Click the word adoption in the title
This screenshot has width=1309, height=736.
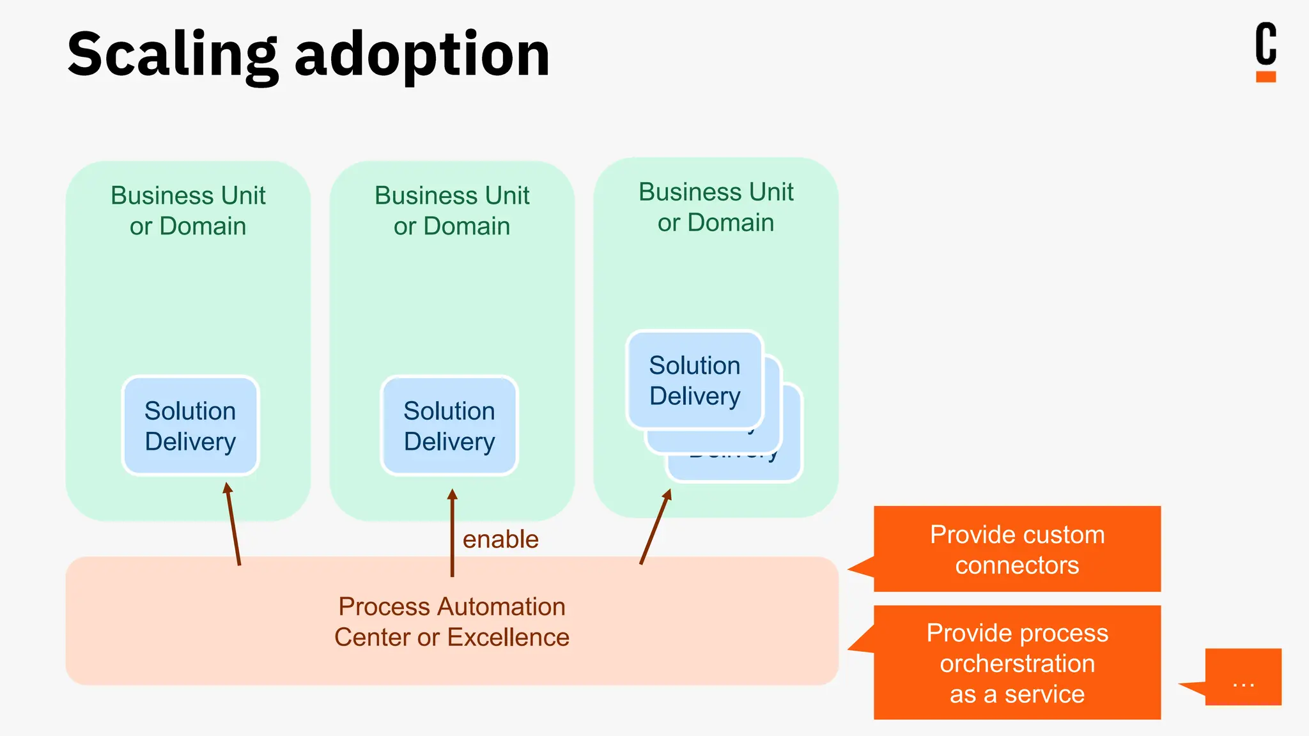pyautogui.click(x=422, y=56)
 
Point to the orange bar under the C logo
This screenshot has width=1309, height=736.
pyautogui.click(x=1266, y=77)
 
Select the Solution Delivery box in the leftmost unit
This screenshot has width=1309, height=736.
pyautogui.click(x=190, y=425)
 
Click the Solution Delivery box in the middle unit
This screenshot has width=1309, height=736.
pyautogui.click(x=449, y=425)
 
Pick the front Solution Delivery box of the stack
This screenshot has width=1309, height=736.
pyautogui.click(x=695, y=380)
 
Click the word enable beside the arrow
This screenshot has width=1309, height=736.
pyautogui.click(x=500, y=539)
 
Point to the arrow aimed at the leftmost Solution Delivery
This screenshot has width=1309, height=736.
pyautogui.click(x=233, y=524)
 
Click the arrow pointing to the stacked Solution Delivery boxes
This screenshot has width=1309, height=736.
pyautogui.click(x=654, y=527)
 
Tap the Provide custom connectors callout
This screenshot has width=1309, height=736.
pyautogui.click(x=1017, y=549)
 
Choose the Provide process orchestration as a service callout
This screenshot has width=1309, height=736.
pyautogui.click(x=1017, y=663)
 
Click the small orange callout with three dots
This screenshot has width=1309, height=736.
pyautogui.click(x=1243, y=677)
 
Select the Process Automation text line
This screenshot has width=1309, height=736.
pyautogui.click(x=452, y=606)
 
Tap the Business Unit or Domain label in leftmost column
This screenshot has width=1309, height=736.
pyautogui.click(x=188, y=210)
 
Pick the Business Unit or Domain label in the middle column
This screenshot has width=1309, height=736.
pyautogui.click(x=452, y=210)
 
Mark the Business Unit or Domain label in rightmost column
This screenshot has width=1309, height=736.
pyautogui.click(x=716, y=207)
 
